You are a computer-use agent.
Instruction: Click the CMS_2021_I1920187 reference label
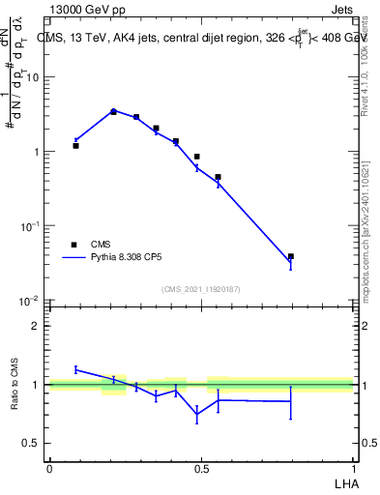[200, 289]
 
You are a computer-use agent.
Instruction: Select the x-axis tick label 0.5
[201, 468]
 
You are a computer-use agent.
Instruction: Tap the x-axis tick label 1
[353, 468]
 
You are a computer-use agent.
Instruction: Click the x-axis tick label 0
[49, 468]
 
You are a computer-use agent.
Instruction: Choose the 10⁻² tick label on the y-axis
[30, 301]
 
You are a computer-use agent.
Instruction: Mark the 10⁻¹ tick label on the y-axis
[30, 226]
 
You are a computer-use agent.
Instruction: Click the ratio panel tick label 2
[37, 326]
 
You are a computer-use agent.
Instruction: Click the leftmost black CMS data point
[75, 146]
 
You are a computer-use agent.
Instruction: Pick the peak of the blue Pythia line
[113, 110]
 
